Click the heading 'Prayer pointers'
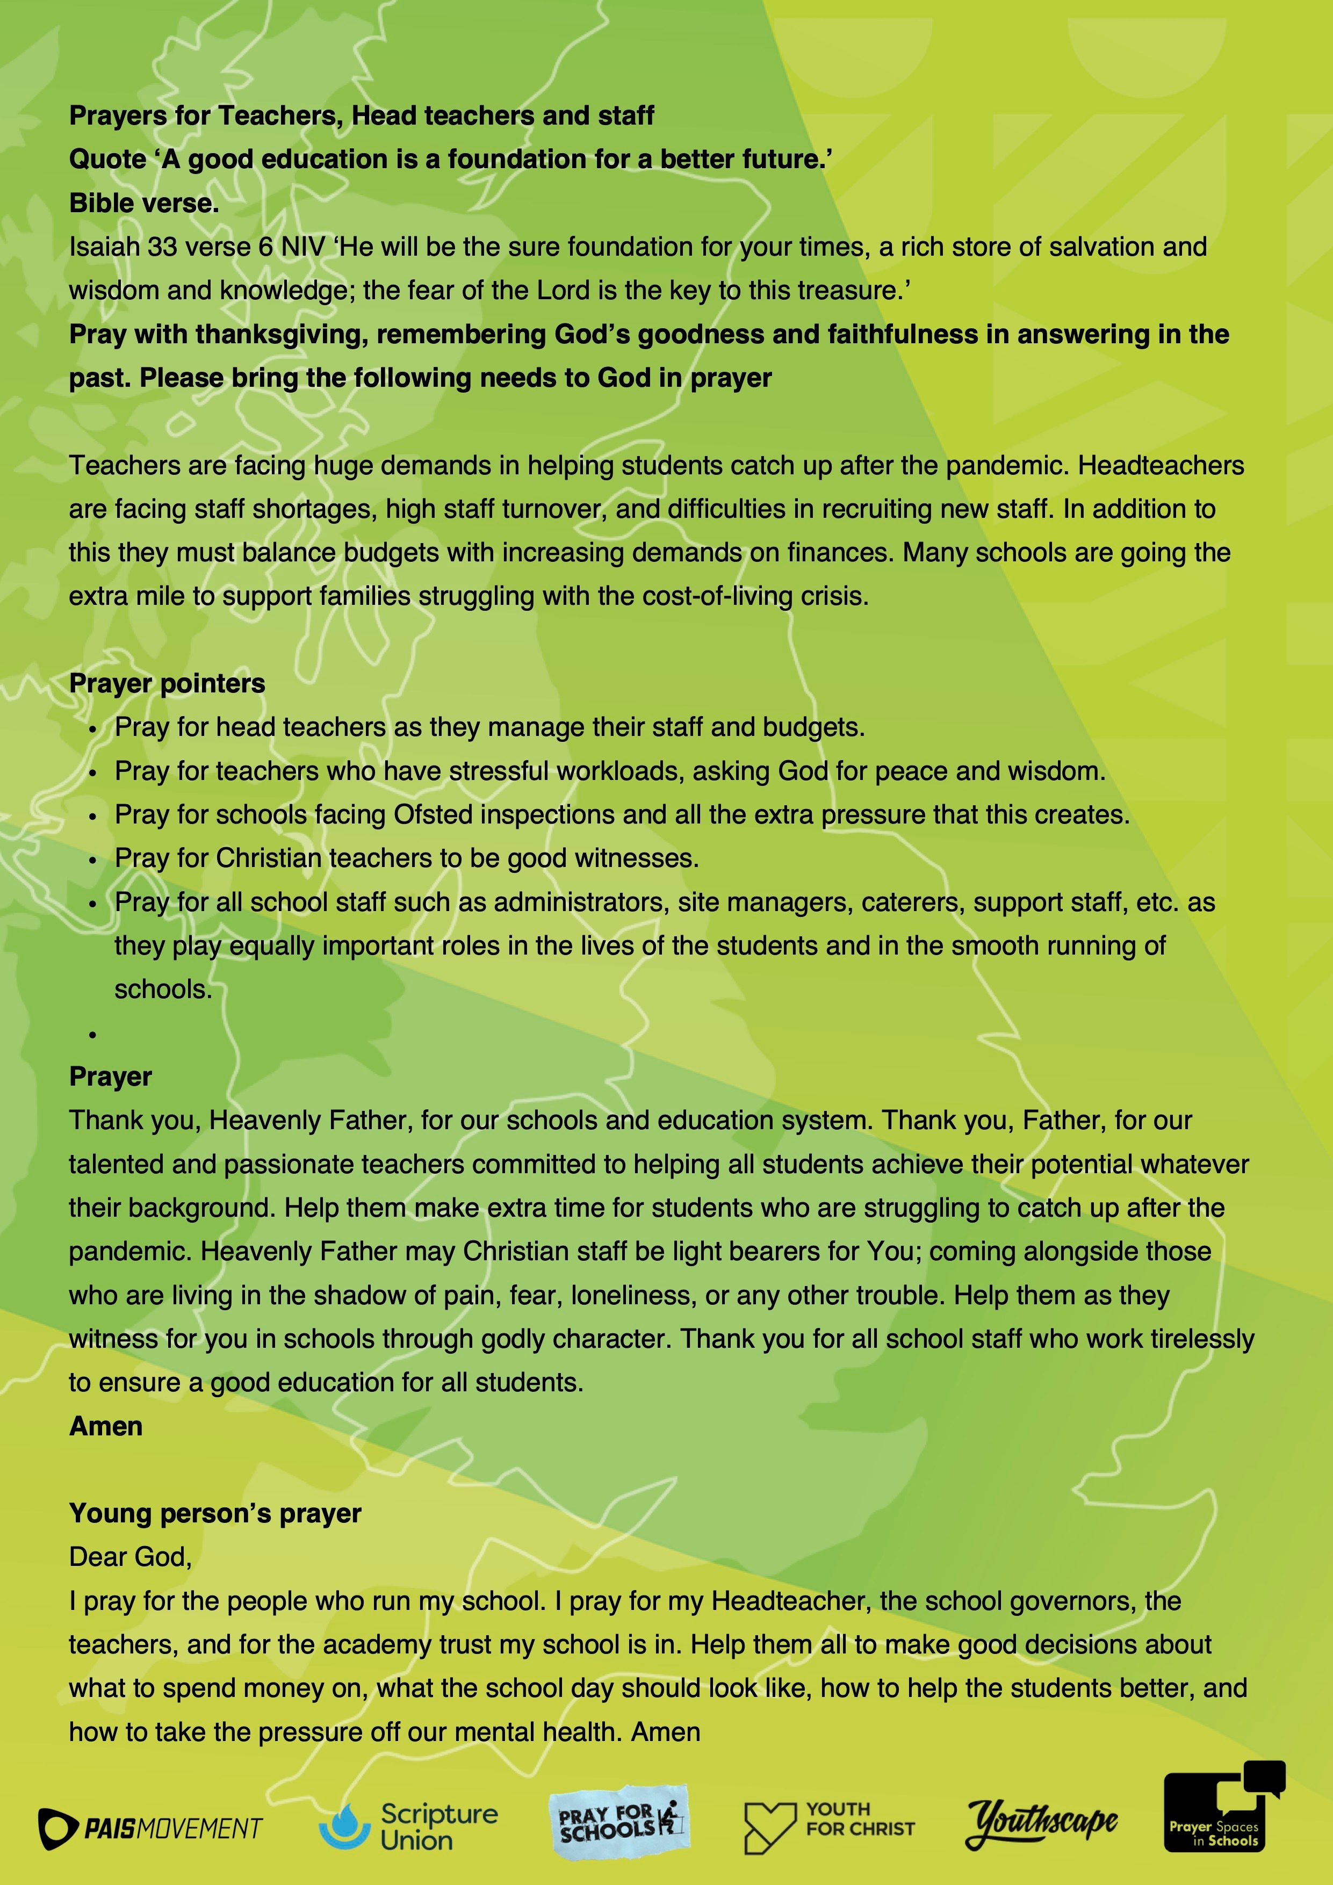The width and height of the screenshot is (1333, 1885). pyautogui.click(x=167, y=683)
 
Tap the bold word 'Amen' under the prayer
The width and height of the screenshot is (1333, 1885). pyautogui.click(x=106, y=1426)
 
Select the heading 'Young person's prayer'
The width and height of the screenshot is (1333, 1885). pyautogui.click(x=215, y=1513)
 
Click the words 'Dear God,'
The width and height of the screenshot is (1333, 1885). pyautogui.click(x=130, y=1557)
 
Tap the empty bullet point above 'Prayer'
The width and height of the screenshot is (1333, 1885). pyautogui.click(x=93, y=1035)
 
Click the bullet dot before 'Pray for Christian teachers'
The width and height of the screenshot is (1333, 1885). pyautogui.click(x=93, y=860)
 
